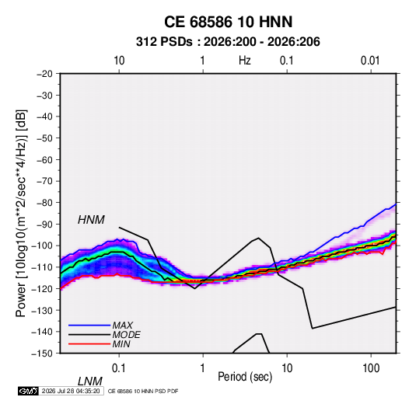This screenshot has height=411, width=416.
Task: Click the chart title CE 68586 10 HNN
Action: click(x=228, y=22)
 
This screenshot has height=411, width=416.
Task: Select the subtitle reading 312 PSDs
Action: click(x=164, y=42)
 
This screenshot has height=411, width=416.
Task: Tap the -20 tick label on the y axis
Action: click(x=44, y=74)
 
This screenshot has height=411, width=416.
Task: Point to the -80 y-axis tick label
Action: click(x=44, y=203)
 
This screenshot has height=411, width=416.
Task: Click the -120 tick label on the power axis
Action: click(x=43, y=288)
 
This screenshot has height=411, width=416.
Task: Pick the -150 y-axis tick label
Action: click(x=43, y=354)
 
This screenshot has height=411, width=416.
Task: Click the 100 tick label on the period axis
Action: click(x=371, y=368)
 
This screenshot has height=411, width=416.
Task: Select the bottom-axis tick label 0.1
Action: click(x=119, y=368)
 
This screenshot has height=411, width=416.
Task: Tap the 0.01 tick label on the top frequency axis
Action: click(x=370, y=61)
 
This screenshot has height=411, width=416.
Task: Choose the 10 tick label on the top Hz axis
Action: click(x=119, y=61)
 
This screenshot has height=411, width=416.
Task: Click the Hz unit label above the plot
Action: click(x=245, y=61)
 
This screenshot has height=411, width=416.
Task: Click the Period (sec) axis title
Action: click(x=245, y=377)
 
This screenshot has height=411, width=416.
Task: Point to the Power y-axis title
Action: click(x=21, y=213)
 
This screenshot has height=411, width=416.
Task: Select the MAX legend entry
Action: click(x=122, y=326)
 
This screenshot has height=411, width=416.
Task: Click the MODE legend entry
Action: click(x=126, y=335)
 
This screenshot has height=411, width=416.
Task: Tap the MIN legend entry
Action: click(x=121, y=344)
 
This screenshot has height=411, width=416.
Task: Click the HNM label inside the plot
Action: click(x=91, y=220)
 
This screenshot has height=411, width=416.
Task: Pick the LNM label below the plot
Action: click(x=90, y=381)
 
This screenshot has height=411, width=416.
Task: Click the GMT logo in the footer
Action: click(x=29, y=391)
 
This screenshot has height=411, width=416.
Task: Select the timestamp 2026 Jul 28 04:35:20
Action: click(x=71, y=391)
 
